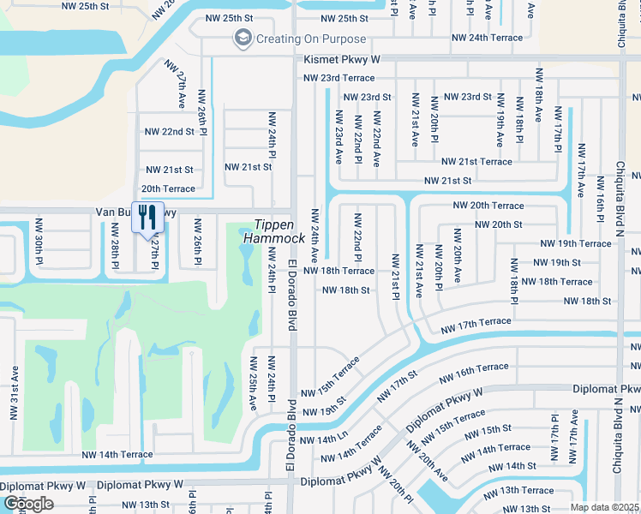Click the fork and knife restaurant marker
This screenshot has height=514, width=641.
[x=147, y=218]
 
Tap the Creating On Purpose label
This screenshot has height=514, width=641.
[x=311, y=39]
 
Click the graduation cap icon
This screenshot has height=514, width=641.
[x=243, y=39]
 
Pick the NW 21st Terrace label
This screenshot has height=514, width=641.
[x=476, y=162]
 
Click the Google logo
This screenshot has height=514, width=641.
[x=27, y=503]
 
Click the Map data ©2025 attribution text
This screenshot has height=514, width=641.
[x=605, y=507]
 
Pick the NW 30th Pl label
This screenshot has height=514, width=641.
[x=39, y=240]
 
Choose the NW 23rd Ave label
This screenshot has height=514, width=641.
[x=337, y=140]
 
